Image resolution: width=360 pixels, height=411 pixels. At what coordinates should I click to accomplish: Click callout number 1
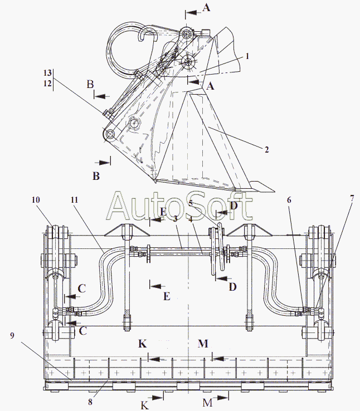point(247,56)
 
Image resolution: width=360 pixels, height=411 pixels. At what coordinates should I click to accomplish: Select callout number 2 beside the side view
point(267,149)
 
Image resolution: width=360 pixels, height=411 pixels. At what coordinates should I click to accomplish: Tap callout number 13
point(48,74)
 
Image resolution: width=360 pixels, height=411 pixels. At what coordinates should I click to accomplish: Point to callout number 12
point(48,83)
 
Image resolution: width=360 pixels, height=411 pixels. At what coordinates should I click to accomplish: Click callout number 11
point(75,199)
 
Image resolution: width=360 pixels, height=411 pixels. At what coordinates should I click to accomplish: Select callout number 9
point(12,336)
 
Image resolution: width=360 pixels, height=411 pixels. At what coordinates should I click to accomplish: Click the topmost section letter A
point(207,7)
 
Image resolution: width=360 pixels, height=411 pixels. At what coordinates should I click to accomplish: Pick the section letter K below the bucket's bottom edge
point(145,405)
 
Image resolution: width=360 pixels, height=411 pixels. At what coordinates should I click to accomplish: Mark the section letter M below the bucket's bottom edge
point(207,403)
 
